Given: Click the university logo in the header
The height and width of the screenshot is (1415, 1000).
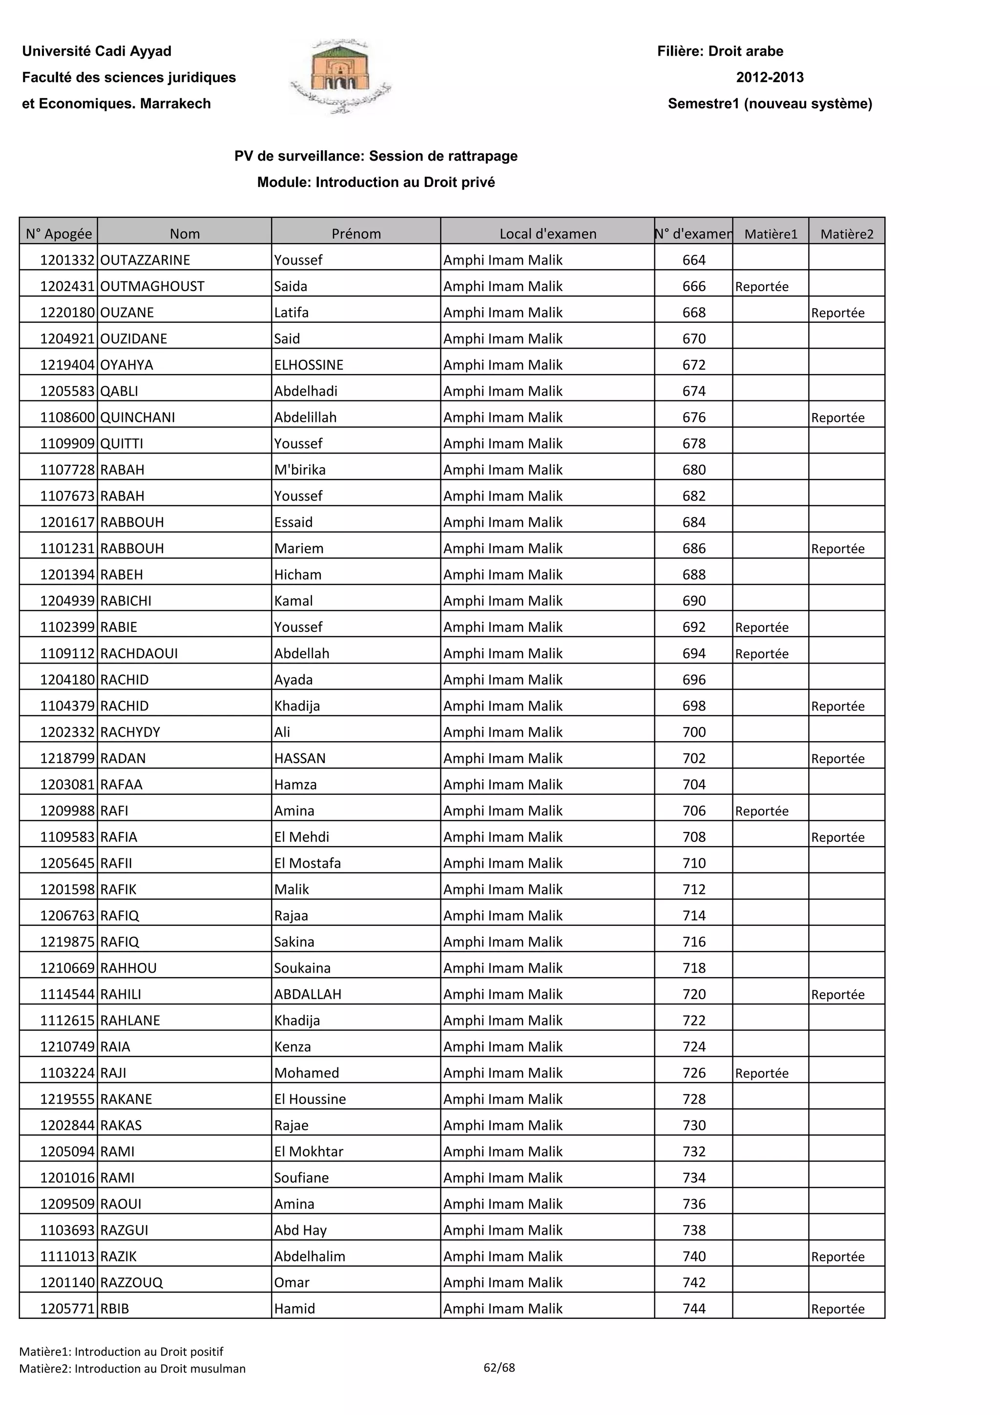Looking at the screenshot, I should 341,77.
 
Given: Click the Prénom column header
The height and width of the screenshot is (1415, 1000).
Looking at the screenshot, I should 356,233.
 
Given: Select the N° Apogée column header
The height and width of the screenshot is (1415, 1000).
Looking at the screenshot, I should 59,233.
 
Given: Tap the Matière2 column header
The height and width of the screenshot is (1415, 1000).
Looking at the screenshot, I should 847,233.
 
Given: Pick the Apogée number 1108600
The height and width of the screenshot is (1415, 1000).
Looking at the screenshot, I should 67,417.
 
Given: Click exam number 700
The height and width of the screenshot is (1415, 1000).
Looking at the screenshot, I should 694,732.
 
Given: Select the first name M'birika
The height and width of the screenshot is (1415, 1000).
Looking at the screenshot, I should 300,470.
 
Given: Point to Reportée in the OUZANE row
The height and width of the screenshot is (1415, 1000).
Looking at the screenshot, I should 838,312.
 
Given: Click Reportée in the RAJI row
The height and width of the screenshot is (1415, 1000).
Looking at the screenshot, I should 762,1073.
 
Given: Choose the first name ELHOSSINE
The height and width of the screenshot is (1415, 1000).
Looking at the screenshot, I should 309,365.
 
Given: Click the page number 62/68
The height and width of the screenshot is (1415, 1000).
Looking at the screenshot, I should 499,1368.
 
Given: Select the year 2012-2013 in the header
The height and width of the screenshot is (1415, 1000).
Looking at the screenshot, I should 770,78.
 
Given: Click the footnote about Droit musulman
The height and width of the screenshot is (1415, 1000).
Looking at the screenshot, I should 132,1369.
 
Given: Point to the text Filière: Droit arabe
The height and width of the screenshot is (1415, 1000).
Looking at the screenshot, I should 720,51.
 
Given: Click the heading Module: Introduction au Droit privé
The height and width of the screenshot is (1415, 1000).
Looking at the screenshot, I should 376,183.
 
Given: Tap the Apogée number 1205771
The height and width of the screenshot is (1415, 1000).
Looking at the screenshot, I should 67,1309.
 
